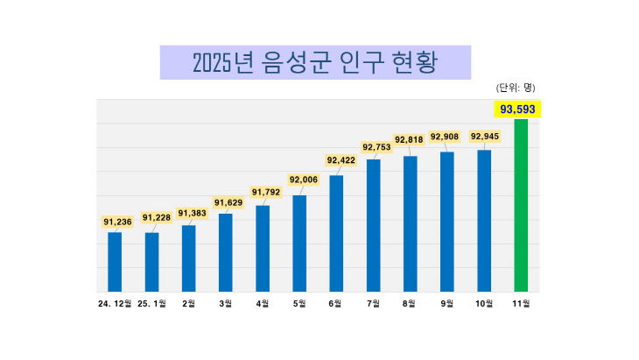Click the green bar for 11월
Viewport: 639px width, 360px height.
click(x=521, y=205)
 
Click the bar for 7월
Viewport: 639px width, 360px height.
click(x=373, y=225)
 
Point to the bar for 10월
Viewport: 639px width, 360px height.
click(x=484, y=221)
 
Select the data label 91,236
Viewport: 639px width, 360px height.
click(x=117, y=222)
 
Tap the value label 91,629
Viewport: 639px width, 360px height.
click(x=228, y=203)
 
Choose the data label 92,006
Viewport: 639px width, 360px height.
click(x=303, y=180)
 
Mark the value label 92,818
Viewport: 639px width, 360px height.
click(x=410, y=139)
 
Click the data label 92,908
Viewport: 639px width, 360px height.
click(x=446, y=137)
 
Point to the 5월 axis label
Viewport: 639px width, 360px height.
click(x=299, y=303)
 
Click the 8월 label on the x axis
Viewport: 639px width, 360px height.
click(x=410, y=303)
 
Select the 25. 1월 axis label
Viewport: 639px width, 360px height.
click(x=151, y=303)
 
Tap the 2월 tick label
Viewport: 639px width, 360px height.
click(x=188, y=303)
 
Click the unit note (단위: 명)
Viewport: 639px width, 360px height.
click(x=516, y=88)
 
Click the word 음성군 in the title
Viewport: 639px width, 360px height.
click(x=296, y=63)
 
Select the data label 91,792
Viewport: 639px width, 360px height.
click(x=266, y=192)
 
